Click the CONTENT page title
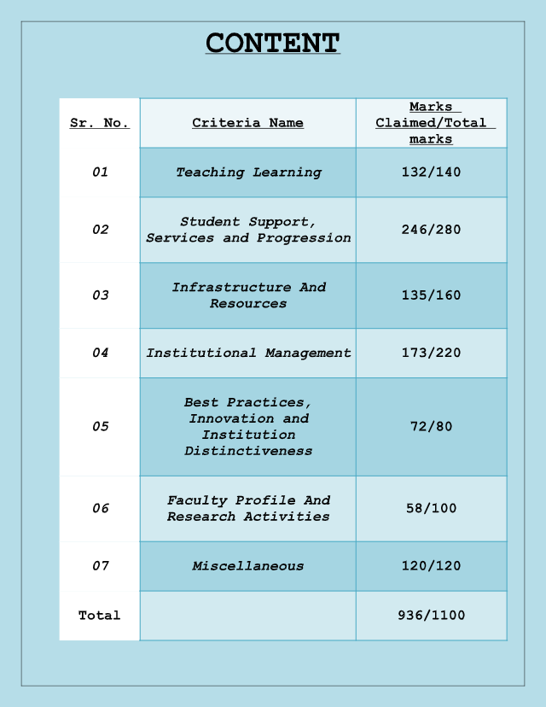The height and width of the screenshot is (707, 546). coord(273,43)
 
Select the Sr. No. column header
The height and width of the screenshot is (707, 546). coord(100,123)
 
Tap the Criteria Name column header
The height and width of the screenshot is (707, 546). coord(247,123)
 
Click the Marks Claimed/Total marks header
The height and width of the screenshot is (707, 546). coord(431,123)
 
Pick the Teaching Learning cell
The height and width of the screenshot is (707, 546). coord(248,172)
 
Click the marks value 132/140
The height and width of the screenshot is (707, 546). coord(431,172)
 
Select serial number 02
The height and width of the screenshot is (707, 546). coord(101,230)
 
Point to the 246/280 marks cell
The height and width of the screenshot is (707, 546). coord(431,230)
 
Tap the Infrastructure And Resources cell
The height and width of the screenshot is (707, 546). coord(248,295)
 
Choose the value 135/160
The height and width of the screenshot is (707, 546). coord(431,295)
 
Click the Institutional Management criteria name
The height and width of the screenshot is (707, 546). coord(248,353)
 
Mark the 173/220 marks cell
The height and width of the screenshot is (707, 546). coord(431,353)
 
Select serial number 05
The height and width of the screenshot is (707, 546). coord(101,427)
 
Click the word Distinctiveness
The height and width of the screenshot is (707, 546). coord(248,451)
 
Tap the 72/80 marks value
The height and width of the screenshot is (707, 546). coord(431,427)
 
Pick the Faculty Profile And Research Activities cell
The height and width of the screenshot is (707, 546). coord(248,508)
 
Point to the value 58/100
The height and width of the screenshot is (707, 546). coord(431,508)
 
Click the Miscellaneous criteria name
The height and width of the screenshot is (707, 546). coord(248,566)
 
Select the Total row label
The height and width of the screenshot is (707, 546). coord(100,616)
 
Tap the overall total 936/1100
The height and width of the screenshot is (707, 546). coord(431,616)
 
